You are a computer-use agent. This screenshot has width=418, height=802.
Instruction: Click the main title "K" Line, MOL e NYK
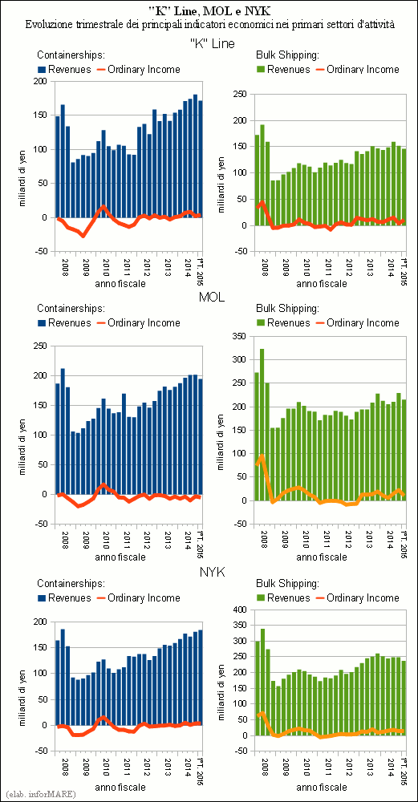click(x=209, y=10)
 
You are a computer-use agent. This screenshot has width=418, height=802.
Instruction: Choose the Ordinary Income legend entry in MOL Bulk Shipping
click(x=357, y=322)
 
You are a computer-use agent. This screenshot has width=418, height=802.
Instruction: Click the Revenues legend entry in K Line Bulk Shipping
click(x=283, y=69)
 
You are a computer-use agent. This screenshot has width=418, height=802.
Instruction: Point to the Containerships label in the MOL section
click(x=71, y=309)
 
